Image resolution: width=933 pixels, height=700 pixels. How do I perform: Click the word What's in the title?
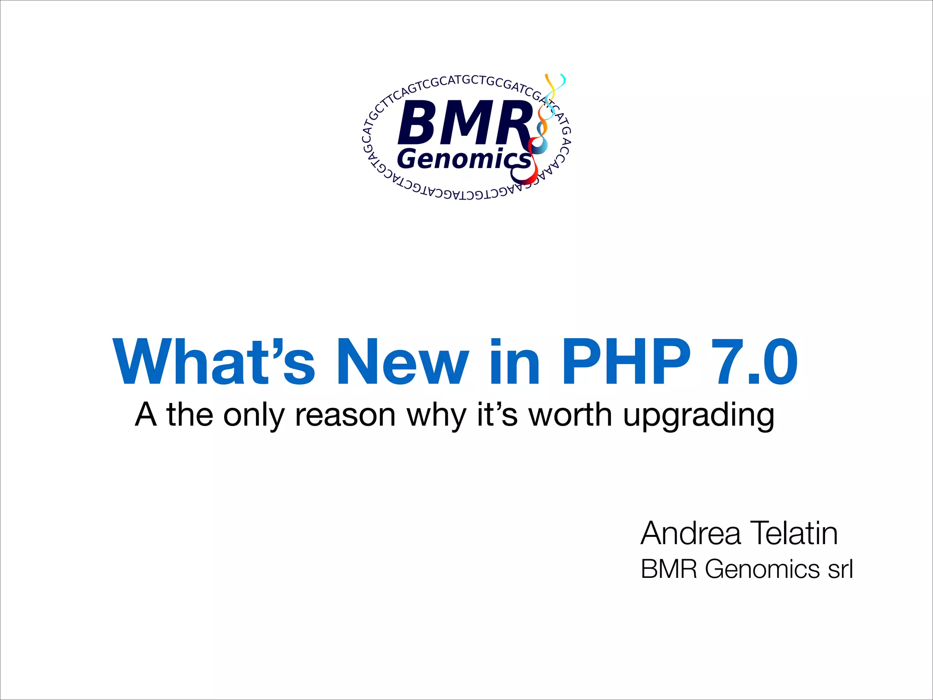click(214, 362)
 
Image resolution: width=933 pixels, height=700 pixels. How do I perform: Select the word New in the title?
click(402, 362)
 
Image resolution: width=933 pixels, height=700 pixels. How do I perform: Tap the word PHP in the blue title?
click(626, 362)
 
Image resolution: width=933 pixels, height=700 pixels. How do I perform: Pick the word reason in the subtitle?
click(345, 416)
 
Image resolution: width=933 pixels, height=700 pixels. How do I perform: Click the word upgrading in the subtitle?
click(698, 416)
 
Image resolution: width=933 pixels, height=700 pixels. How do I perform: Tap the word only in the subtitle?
click(254, 416)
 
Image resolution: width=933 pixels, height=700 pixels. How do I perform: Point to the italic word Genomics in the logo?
click(464, 159)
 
